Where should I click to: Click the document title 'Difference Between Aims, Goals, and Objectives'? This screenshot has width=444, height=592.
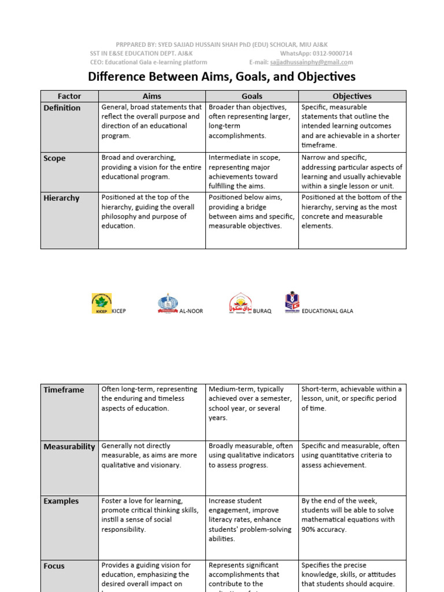click(x=221, y=77)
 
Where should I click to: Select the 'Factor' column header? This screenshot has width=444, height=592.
click(x=69, y=96)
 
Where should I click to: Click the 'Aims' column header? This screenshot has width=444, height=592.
click(x=151, y=96)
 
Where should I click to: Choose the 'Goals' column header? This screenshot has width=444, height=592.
click(x=251, y=96)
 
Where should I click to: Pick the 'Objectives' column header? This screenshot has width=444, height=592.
click(x=351, y=96)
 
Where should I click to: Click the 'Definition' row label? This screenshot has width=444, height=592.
click(x=62, y=108)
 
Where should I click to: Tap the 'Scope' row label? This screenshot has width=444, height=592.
click(x=55, y=158)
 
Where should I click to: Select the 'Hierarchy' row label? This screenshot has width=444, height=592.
click(x=61, y=198)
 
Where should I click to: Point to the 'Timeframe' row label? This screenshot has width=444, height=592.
click(x=64, y=390)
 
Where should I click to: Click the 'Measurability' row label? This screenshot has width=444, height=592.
click(x=69, y=446)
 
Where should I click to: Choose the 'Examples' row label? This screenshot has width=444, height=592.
click(x=61, y=501)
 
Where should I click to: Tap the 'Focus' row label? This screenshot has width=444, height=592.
click(x=54, y=565)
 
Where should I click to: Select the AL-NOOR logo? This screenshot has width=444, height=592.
click(x=168, y=304)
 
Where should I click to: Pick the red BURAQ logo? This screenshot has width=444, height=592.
click(x=240, y=303)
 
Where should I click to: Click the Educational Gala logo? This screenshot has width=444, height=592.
click(x=292, y=302)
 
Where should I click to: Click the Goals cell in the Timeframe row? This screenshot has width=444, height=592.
click(x=251, y=404)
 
